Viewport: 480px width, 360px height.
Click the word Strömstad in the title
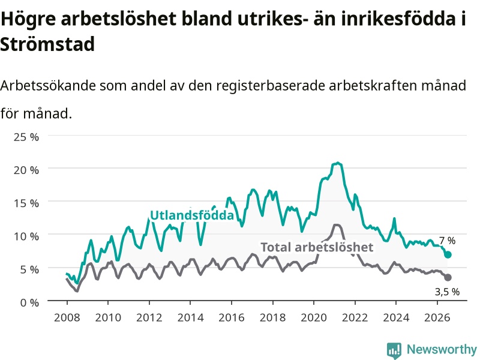point(47,44)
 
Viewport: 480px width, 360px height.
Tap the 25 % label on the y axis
point(26,137)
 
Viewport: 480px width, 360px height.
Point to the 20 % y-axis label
point(26,170)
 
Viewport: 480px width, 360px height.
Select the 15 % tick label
point(26,203)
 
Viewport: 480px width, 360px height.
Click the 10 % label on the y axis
point(26,236)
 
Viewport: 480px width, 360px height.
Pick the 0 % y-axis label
point(29,302)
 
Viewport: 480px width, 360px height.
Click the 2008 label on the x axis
point(67,317)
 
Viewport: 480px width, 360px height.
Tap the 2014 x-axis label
point(190,317)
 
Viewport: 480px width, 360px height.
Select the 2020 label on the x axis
point(314,317)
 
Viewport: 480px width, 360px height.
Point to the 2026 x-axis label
point(437,317)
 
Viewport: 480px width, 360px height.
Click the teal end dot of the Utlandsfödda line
point(448,254)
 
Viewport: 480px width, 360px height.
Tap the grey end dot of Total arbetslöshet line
point(448,277)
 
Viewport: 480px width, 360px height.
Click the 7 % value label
point(447,241)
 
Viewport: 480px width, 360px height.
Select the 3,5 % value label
point(447,292)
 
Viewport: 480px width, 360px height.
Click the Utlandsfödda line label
point(192,215)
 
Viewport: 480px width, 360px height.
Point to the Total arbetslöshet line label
point(317,247)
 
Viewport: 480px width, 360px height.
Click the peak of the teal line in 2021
point(338,163)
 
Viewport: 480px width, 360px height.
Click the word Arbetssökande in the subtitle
point(48,85)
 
